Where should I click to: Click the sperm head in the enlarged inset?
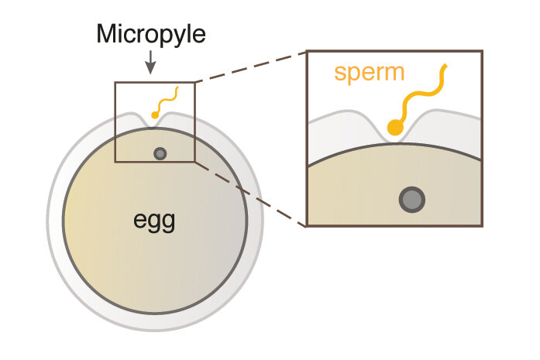tap(395, 129)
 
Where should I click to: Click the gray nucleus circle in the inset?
tap(411, 201)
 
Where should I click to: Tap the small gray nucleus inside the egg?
tap(160, 153)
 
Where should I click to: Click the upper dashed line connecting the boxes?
tap(249, 67)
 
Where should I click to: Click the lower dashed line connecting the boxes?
tap(249, 194)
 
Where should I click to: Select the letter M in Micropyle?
tap(105, 34)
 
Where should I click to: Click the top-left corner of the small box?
tap(115, 82)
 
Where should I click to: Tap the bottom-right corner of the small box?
tap(195, 162)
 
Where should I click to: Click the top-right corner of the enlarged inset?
tap(482, 51)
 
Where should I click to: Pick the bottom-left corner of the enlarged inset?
tap(308, 225)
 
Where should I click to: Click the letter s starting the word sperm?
tap(340, 74)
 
